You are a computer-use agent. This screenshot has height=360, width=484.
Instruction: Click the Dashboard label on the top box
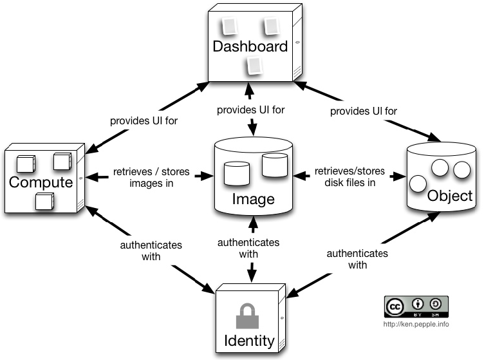[250, 46]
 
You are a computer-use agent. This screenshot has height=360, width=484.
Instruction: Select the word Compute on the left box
[41, 182]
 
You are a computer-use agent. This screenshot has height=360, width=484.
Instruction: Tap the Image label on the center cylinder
[252, 199]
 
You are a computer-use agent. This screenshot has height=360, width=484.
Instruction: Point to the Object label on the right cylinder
[450, 196]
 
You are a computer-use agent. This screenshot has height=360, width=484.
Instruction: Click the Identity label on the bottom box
[248, 339]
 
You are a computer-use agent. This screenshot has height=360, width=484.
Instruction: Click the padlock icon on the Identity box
[248, 316]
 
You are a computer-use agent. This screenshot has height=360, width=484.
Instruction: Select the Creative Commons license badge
[416, 306]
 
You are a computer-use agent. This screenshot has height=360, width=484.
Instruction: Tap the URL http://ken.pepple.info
[416, 324]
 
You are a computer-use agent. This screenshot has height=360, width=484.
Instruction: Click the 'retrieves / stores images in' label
[147, 178]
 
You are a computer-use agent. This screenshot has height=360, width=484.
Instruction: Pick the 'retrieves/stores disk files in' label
[349, 176]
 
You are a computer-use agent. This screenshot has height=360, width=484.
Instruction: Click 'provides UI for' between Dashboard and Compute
[144, 120]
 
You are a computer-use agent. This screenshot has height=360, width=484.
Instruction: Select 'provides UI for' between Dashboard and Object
[363, 111]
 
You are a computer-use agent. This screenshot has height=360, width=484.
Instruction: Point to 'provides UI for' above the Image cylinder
[251, 109]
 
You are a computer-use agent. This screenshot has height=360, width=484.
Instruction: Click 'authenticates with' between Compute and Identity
[151, 251]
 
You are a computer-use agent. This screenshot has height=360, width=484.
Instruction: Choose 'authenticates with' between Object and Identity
[357, 259]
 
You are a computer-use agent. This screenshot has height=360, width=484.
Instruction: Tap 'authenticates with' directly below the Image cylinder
[248, 248]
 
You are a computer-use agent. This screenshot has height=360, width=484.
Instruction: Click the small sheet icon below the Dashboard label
[256, 66]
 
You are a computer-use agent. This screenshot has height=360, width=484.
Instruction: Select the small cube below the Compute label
[44, 202]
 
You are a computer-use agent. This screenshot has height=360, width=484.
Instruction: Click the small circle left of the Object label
[419, 183]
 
